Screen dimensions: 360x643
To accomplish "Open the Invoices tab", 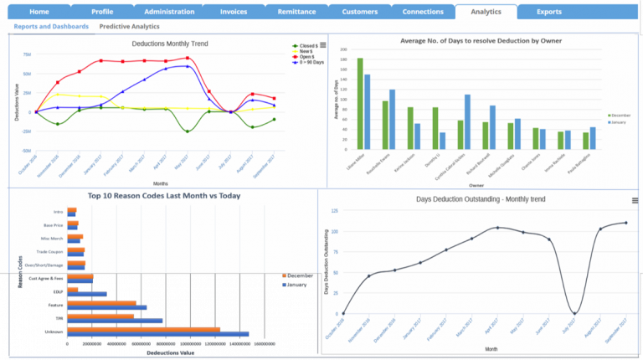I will coord(233,12).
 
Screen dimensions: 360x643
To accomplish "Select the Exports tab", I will coord(548,12).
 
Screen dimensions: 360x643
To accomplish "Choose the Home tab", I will coord(39,12).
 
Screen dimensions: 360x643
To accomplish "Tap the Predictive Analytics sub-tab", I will coord(129,27).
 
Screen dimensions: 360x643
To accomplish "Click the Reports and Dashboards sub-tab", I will coord(52,27).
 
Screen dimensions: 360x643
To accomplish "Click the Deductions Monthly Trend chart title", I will coord(170,44).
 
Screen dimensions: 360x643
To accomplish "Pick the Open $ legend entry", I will coord(307,56).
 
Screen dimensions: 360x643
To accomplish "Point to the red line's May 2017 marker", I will coord(187,59).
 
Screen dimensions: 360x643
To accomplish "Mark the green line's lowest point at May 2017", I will coord(187,131).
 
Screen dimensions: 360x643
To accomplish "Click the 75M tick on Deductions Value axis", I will coord(27,54).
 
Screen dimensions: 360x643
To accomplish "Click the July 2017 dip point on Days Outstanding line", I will coord(574,313).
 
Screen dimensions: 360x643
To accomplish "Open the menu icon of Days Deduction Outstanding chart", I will coord(635,200).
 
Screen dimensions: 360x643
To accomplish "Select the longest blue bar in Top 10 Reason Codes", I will coord(158,335).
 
